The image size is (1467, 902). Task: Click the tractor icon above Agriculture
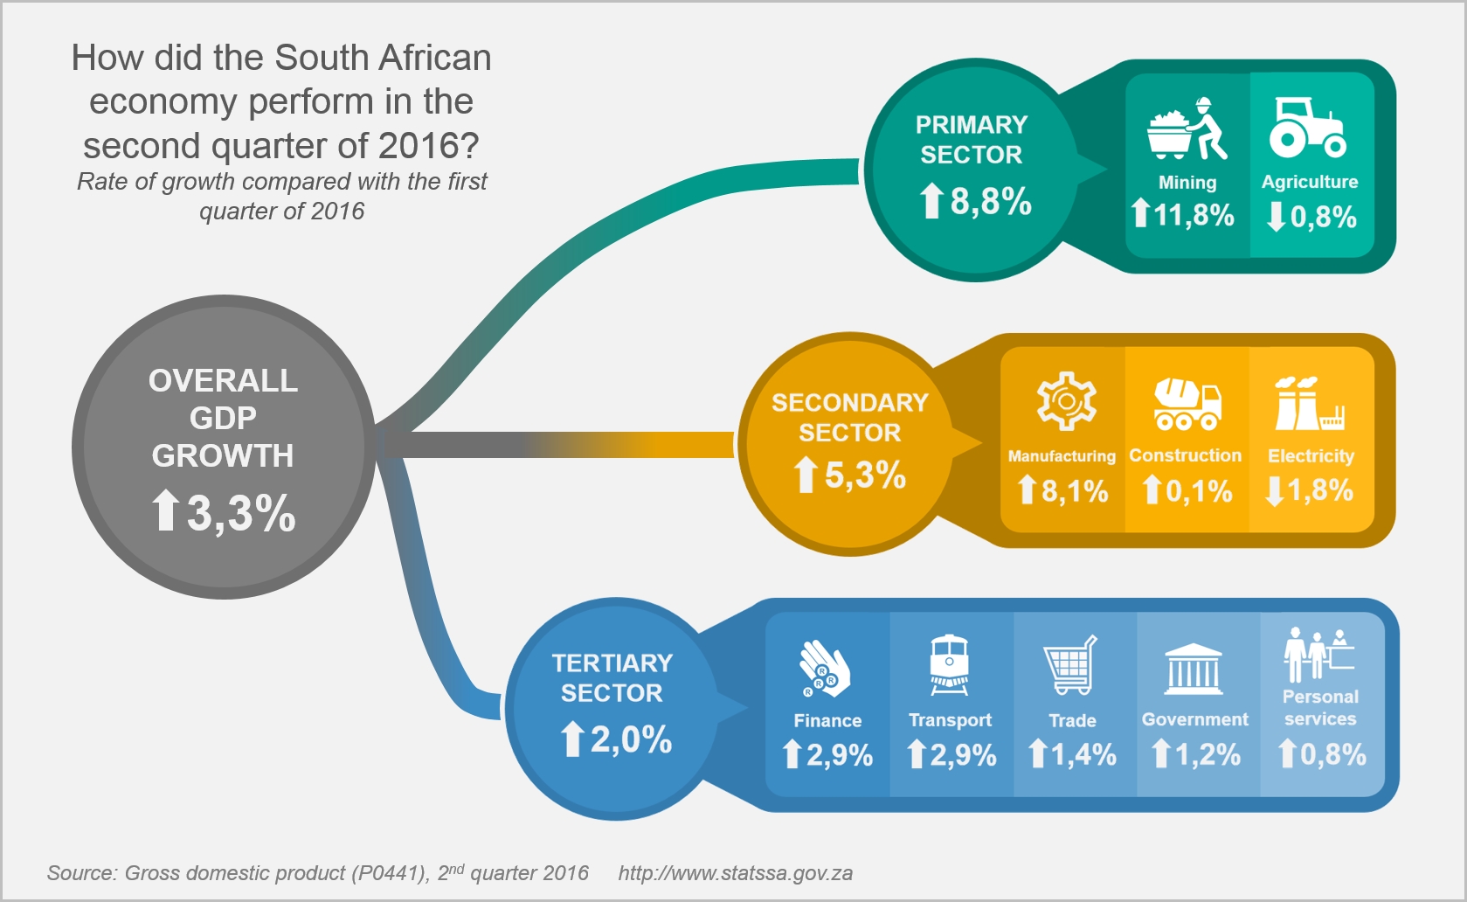coord(1308,128)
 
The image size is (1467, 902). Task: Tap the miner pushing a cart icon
coord(1187,129)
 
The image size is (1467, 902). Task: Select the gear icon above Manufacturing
coord(1066,401)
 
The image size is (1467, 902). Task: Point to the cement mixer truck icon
coord(1187,404)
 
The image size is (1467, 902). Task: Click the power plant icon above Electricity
coord(1308,403)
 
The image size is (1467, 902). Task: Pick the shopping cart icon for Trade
coord(1070,666)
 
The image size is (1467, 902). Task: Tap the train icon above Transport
coord(949,665)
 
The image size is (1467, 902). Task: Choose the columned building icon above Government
coord(1194,670)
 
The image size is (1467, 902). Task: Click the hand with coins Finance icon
coord(824,670)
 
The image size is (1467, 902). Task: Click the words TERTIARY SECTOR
coord(612,677)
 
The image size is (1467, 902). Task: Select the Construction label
coord(1185,455)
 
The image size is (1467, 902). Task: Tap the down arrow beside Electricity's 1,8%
coord(1275,491)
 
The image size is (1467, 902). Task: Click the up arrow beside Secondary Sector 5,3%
coord(805,476)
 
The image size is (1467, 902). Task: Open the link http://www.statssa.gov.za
coord(735,873)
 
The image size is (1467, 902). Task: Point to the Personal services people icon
coord(1318,655)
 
